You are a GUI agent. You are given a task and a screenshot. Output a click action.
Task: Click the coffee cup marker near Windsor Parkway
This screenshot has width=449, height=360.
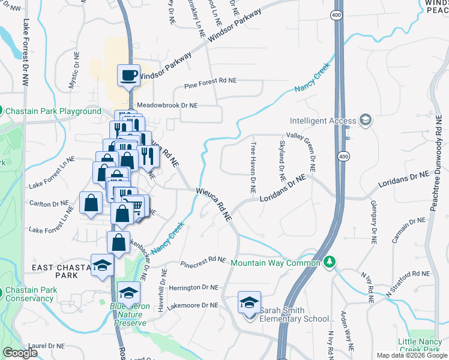(x=129, y=76)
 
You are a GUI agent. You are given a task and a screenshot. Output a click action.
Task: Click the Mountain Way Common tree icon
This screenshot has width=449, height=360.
(x=329, y=263)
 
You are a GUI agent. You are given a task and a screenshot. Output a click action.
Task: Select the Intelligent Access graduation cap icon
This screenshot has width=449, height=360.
(x=365, y=121)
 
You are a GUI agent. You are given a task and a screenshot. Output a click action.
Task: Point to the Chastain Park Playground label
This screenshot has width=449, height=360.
(x=53, y=112)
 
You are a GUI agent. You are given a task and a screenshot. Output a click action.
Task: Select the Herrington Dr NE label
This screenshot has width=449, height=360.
(x=193, y=288)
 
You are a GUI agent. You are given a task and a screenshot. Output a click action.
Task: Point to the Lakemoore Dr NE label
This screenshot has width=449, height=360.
(x=193, y=305)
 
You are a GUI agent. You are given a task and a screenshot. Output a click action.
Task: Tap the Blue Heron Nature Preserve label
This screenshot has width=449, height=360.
(x=131, y=314)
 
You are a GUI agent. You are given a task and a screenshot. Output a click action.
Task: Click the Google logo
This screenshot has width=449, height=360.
(x=20, y=353)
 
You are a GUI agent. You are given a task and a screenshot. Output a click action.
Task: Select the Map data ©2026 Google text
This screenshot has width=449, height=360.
(x=412, y=355)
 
